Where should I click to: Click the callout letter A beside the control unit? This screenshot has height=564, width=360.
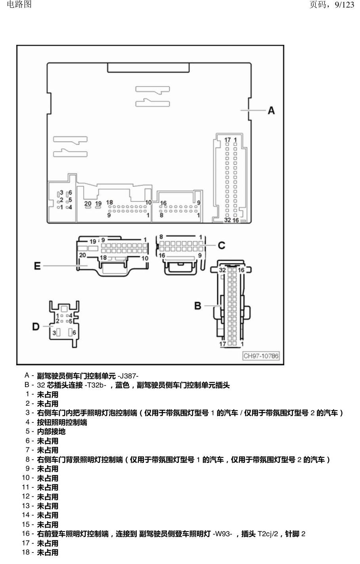271,110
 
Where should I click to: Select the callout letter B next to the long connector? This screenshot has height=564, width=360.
197,306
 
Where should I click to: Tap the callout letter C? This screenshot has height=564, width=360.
221,245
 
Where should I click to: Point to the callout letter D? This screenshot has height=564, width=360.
36,326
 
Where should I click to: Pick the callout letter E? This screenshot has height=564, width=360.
37,266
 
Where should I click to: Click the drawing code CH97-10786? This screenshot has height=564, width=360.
261,356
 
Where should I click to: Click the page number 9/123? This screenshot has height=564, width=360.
345,4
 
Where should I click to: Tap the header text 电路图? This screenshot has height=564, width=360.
19,4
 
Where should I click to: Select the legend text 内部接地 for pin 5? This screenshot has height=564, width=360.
52,432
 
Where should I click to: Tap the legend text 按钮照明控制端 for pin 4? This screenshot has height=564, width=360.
62,422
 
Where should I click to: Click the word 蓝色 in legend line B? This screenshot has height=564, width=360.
123,385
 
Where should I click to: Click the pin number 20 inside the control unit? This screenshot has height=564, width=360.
88,203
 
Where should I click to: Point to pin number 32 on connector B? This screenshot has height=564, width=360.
222,270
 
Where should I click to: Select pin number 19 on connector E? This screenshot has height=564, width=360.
93,242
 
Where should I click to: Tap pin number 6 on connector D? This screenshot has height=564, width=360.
74,333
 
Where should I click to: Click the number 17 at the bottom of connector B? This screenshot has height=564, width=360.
222,344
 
